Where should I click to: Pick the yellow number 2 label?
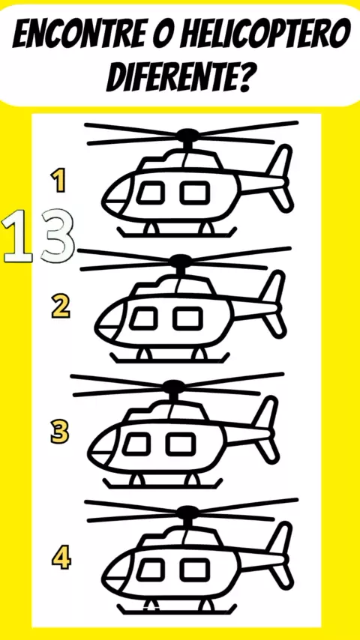coord(61,307)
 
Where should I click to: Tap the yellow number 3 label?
coord(60,432)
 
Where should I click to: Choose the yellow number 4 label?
coord(61,558)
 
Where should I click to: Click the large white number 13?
coord(39,235)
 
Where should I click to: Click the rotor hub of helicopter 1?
coord(187,134)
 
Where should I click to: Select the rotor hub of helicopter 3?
coord(174,385)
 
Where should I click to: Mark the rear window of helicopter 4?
coord(195,569)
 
